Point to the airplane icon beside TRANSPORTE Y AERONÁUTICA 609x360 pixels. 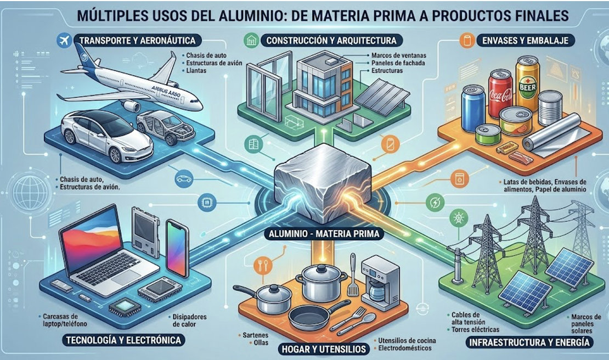[63, 40]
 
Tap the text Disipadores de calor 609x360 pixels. [189, 319]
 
